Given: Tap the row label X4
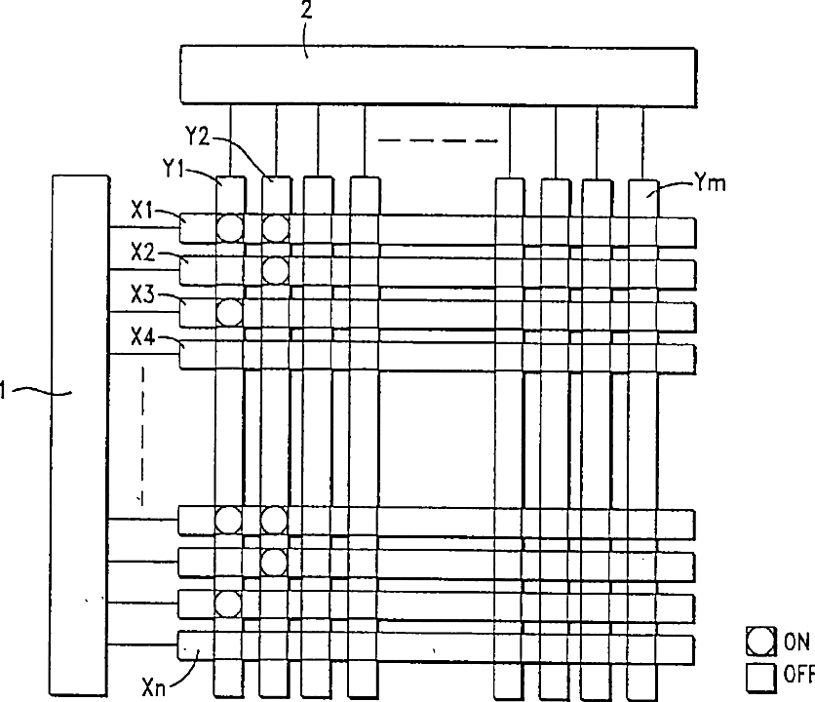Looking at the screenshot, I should click(x=143, y=338).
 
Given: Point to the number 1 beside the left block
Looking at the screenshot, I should click(x=5, y=391).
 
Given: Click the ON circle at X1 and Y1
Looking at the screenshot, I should click(x=228, y=228).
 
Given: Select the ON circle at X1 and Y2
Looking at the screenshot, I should click(x=275, y=228).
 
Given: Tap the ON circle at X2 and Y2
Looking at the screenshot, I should click(x=275, y=269).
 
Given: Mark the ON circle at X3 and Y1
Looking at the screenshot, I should click(x=228, y=312).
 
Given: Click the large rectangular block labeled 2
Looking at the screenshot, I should click(x=439, y=74).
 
